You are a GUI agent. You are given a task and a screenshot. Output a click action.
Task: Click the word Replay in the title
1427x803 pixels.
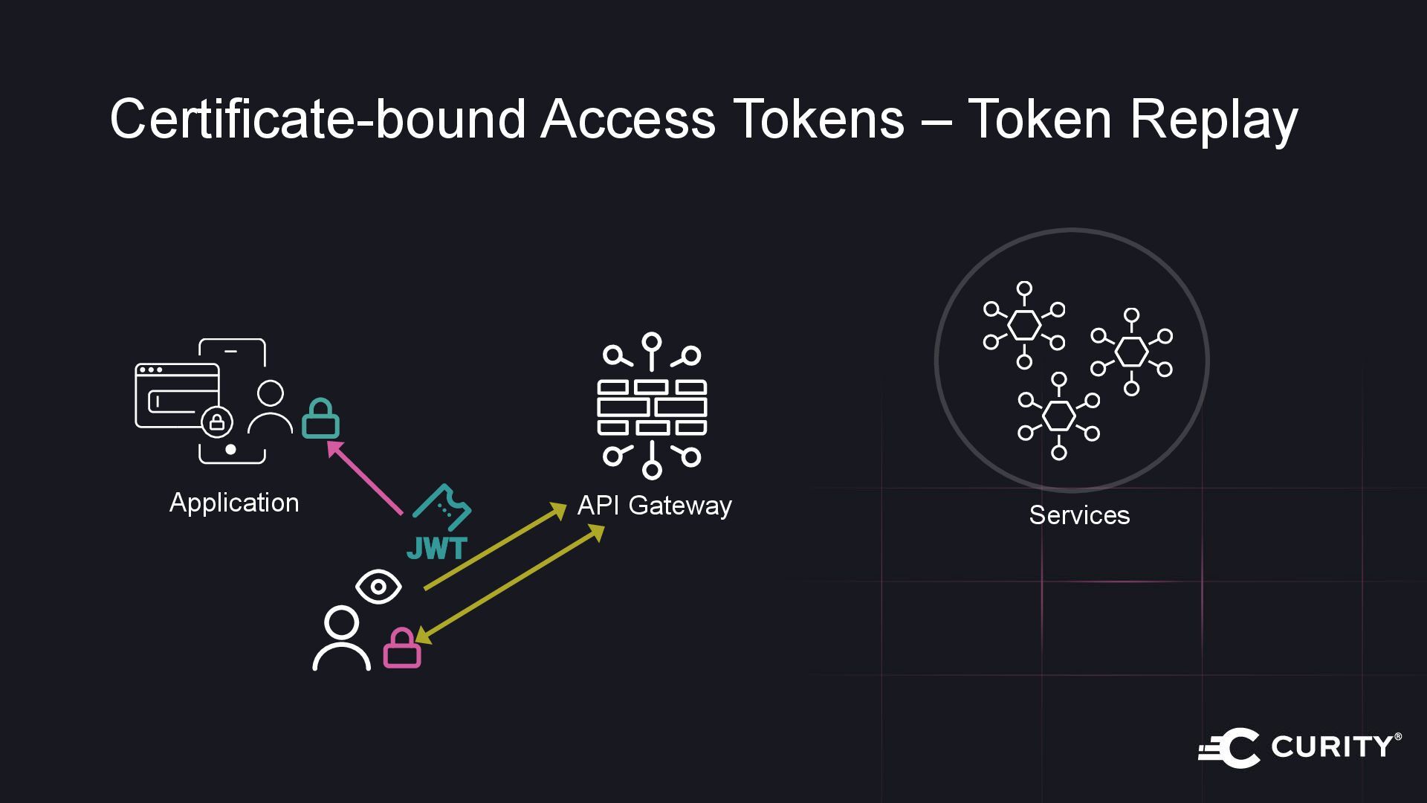(x=1214, y=120)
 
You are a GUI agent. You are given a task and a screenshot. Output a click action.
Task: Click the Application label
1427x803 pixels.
(x=234, y=503)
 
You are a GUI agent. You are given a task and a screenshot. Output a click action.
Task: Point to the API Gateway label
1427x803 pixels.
(x=654, y=506)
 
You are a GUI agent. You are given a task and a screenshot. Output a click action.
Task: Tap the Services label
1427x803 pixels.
(x=1079, y=515)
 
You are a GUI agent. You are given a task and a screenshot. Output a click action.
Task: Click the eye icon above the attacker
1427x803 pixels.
(x=378, y=587)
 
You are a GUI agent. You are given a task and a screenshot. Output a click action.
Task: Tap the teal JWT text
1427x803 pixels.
(x=437, y=548)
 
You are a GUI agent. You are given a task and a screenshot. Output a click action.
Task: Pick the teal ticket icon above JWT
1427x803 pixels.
(x=443, y=509)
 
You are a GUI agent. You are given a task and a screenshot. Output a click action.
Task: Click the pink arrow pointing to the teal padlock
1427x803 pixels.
(x=366, y=477)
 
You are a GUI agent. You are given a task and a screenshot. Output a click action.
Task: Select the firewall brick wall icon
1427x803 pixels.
(x=652, y=407)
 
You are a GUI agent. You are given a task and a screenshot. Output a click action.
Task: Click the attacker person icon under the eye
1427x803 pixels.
(x=341, y=639)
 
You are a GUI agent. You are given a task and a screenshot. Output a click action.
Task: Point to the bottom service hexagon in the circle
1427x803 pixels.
(x=1058, y=416)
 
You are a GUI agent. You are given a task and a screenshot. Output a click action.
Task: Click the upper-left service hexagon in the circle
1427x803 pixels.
(x=1024, y=325)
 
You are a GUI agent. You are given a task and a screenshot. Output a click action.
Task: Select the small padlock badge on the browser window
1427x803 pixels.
(x=217, y=422)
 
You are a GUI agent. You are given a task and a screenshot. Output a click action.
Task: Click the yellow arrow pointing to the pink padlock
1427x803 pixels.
(x=509, y=583)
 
